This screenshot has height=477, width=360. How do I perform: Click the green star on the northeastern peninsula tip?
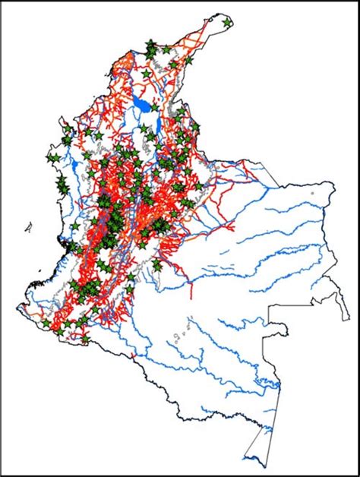click(228, 24)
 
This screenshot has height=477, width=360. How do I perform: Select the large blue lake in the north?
click(141, 103)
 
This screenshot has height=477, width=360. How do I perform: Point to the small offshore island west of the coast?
click(28, 226)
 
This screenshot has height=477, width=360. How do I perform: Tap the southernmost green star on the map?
click(84, 341)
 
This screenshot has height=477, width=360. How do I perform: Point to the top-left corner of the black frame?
click(2, 2)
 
